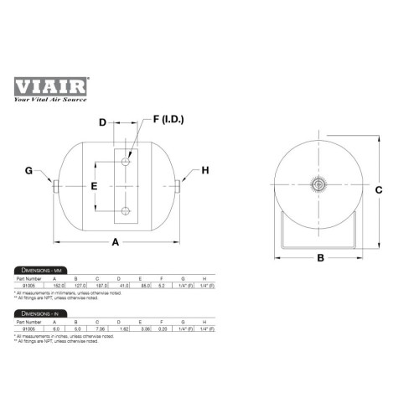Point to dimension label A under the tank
[116, 242]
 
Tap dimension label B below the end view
[319, 259]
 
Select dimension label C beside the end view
[378, 190]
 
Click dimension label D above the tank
[102, 124]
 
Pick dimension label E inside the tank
[95, 184]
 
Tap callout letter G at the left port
[28, 171]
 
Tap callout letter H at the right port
[204, 171]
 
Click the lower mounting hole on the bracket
[125, 210]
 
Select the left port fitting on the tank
[54, 184]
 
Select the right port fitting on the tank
[180, 184]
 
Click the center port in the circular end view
[319, 184]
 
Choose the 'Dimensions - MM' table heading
[42, 271]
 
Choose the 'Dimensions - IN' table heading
[40, 313]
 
